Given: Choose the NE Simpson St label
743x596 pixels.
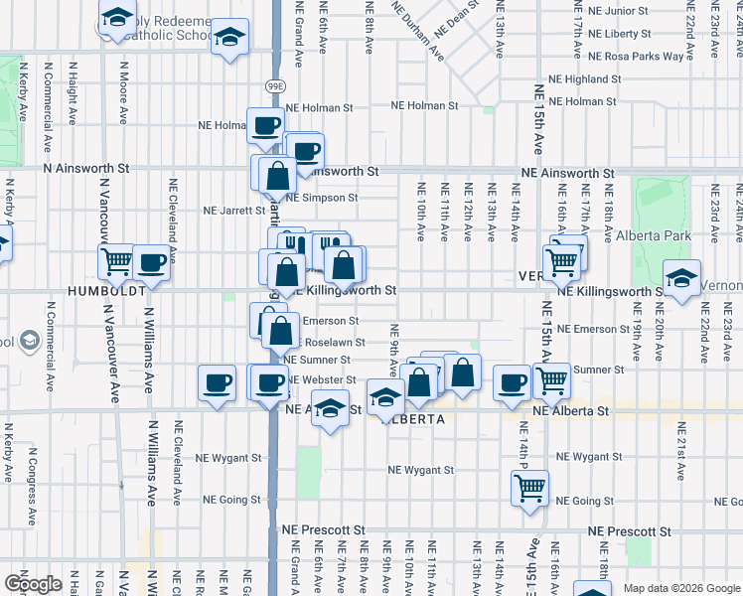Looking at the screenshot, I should [x=324, y=198].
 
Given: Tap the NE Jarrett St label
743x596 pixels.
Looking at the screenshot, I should [x=234, y=211].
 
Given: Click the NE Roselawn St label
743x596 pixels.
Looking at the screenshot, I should [x=324, y=342].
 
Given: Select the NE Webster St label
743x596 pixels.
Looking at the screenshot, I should [x=322, y=380].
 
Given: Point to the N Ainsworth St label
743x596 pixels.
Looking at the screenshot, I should [x=86, y=170].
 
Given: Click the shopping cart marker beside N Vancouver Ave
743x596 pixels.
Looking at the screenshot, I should [x=117, y=262].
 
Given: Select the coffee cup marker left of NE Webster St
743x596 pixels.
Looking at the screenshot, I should [x=217, y=382].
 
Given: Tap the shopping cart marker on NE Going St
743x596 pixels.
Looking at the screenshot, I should [x=529, y=488].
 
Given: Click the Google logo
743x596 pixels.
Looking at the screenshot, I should [x=33, y=584].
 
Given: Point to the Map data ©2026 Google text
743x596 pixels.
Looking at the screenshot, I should [x=680, y=588].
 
